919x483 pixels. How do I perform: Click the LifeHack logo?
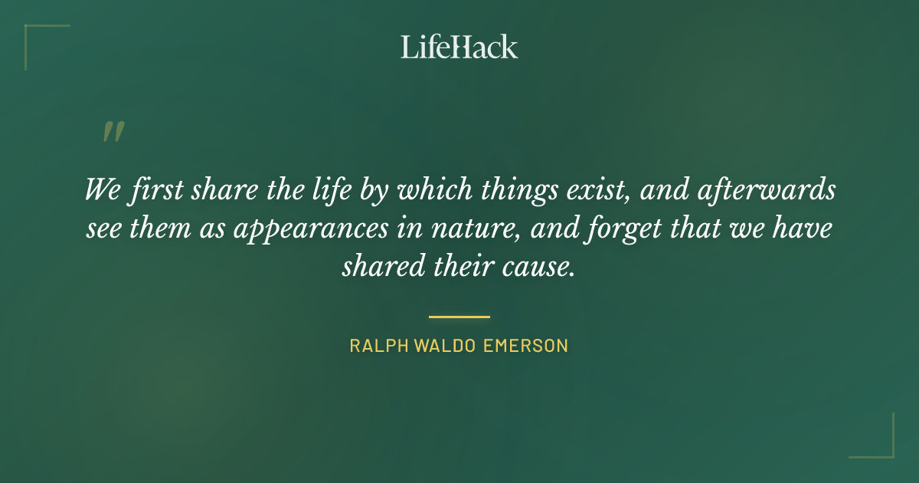click(459, 46)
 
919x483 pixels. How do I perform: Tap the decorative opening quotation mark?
click(113, 132)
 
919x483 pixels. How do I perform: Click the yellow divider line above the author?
click(459, 316)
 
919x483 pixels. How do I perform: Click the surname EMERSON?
click(525, 346)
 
